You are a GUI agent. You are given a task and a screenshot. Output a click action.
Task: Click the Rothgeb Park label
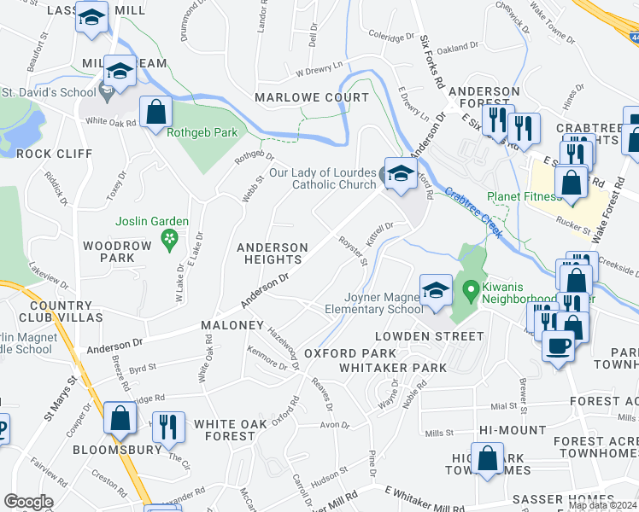click(204, 132)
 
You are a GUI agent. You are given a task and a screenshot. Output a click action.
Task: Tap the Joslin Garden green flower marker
click(170, 240)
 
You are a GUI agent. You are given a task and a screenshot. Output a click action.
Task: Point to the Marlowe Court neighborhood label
click(312, 97)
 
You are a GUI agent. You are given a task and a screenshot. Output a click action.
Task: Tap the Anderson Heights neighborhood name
click(272, 254)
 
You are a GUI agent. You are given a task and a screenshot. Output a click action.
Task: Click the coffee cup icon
click(559, 346)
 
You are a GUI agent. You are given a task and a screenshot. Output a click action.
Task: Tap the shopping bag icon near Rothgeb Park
click(155, 112)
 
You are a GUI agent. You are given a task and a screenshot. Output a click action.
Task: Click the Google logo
click(29, 502)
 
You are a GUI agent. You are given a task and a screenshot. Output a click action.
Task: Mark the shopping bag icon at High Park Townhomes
click(488, 459)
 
